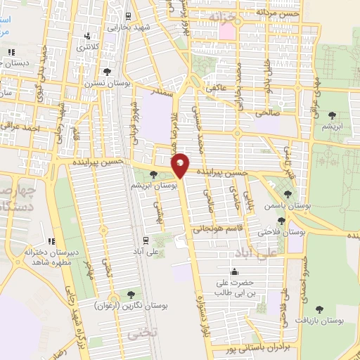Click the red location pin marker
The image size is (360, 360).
click(180, 166)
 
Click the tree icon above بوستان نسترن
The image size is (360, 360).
click(107, 71)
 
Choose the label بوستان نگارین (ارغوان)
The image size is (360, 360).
click(129, 305)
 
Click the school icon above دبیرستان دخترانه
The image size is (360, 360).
click(51, 243)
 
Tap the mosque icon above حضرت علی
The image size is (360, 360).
click(233, 272)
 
